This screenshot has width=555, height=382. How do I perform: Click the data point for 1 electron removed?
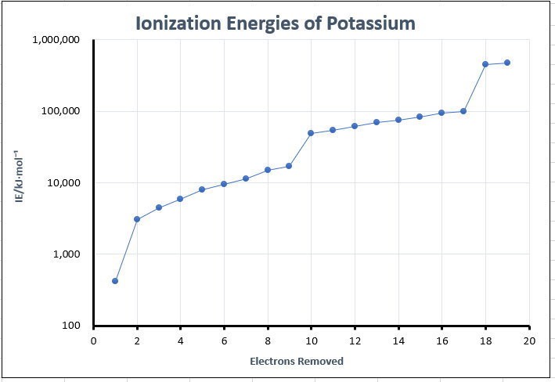coord(115,280)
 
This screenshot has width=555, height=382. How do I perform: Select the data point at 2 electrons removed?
coord(137,219)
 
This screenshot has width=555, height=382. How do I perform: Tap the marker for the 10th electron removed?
coord(311,133)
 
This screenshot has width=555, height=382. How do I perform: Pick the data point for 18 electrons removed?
coord(485,64)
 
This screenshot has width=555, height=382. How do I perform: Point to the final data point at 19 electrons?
coord(507,63)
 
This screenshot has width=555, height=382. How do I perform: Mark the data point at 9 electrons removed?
coord(289,166)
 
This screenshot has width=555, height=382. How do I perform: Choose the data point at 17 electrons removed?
coord(463,111)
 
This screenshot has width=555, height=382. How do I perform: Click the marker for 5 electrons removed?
coord(202,189)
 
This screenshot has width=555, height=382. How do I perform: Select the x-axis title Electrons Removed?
coord(297,362)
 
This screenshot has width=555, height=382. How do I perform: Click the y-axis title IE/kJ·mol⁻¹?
coord(19,182)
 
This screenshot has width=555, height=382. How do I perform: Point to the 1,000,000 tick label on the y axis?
coord(57,40)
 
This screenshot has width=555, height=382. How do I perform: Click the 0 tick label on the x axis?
coord(93,341)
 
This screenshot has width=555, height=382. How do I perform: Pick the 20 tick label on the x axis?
coord(529,341)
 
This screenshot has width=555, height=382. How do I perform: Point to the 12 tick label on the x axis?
coord(355,341)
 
